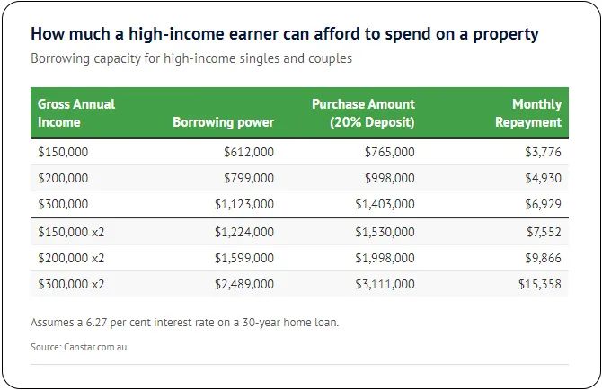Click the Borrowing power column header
223,122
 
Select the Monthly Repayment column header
528,113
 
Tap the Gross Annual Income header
76,113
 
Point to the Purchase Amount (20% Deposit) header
363,113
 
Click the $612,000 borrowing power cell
249,152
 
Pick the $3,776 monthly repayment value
544,152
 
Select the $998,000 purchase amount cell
390,178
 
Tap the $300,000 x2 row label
71,284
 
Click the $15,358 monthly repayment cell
540,284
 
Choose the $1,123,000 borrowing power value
244,204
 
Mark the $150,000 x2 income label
71,232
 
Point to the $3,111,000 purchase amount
385,284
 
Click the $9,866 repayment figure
544,258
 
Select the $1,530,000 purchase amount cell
385,232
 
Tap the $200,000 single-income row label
63,178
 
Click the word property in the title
506,34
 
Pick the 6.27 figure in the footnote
96,322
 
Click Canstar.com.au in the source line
95,347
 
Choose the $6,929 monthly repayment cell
544,204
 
